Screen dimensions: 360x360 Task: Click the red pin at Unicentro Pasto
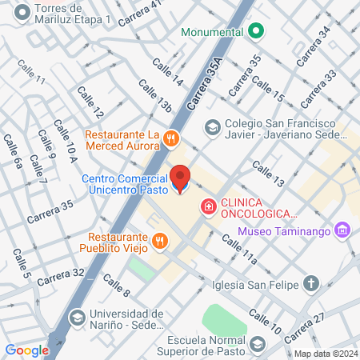coord(181,178)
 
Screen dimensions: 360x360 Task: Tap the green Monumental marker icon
coord(256,32)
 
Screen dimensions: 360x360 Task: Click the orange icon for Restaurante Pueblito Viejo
coord(160,240)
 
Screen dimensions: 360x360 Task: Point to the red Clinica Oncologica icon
coord(209,207)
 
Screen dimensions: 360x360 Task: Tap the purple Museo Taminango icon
coord(343,230)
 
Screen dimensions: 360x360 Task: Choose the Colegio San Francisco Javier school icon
coord(212,126)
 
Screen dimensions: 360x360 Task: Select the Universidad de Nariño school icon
coord(77,318)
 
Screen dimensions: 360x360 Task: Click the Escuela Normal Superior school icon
coord(258,344)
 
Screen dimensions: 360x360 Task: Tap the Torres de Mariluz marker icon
coord(22,11)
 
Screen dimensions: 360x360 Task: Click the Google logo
coord(26,350)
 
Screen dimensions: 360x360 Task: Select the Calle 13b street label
coord(154,97)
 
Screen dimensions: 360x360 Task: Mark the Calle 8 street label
coord(116,284)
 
